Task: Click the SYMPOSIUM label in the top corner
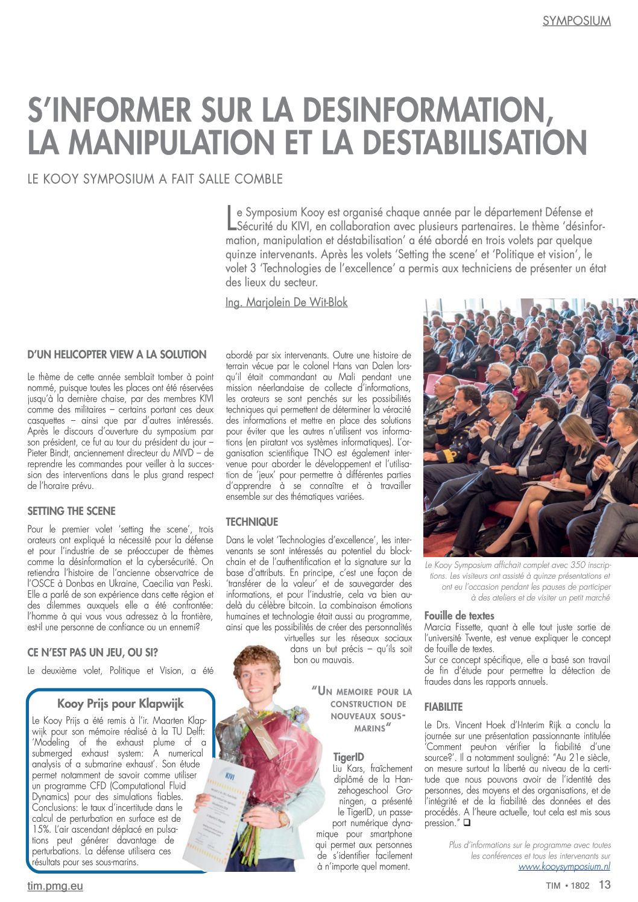pyautogui.click(x=576, y=20)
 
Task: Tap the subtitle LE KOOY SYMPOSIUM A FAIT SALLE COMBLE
pyautogui.click(x=155, y=178)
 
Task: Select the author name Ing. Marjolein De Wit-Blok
pyautogui.click(x=286, y=302)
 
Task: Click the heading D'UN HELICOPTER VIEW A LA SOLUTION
pyautogui.click(x=117, y=355)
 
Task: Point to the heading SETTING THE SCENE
pyautogui.click(x=71, y=511)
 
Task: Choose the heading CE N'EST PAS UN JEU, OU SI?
pyautogui.click(x=93, y=651)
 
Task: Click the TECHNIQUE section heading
pyautogui.click(x=251, y=522)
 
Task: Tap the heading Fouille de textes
pyautogui.click(x=459, y=616)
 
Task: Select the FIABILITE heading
pyautogui.click(x=443, y=706)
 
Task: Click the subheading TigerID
pyautogui.click(x=349, y=757)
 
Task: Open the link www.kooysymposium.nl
pyautogui.click(x=564, y=866)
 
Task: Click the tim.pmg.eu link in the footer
pyautogui.click(x=55, y=886)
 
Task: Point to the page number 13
pyautogui.click(x=604, y=885)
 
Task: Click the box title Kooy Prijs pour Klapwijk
pyautogui.click(x=121, y=703)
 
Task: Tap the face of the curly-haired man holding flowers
pyautogui.click(x=258, y=676)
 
